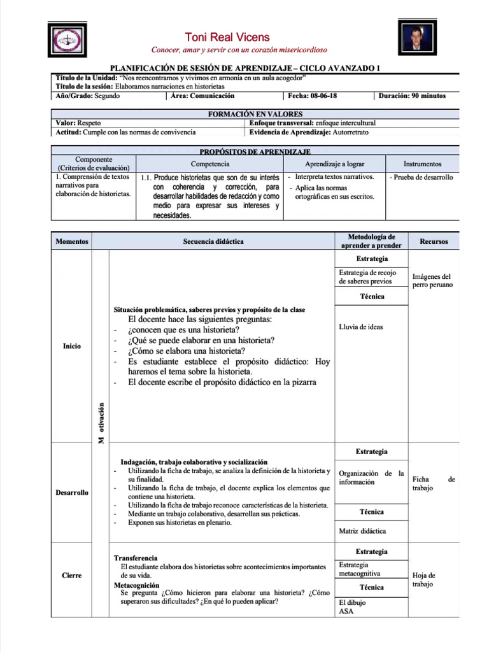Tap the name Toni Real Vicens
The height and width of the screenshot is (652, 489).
[x=227, y=38]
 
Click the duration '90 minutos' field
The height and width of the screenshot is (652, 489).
[x=412, y=96]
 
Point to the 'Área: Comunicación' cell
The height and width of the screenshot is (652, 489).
[x=202, y=96]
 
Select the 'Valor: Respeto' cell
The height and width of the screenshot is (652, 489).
[x=78, y=123]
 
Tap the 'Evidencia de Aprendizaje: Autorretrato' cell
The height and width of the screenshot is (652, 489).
[x=309, y=132]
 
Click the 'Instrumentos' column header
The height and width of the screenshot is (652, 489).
[x=422, y=164]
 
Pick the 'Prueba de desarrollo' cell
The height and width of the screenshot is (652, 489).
[x=422, y=178]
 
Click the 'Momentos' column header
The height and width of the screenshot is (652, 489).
[x=71, y=242]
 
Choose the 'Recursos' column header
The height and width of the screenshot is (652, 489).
[x=434, y=242]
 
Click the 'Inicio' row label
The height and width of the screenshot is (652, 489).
[x=72, y=346]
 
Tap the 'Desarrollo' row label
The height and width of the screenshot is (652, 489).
[x=71, y=493]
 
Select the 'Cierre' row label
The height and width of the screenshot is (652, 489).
[x=71, y=576]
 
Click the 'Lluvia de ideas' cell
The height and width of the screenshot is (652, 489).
[x=361, y=327]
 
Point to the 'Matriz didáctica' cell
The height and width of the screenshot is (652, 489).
[x=362, y=530]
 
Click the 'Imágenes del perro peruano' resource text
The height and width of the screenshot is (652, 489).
[x=432, y=281]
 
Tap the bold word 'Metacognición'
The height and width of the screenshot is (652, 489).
[x=136, y=585]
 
